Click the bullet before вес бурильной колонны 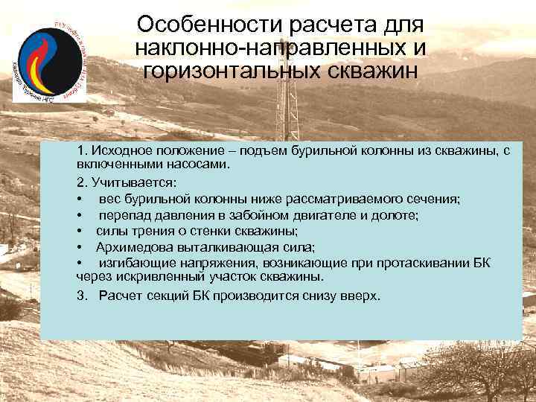click(79, 199)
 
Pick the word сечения click(433, 199)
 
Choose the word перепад click(124, 216)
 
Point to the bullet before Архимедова click(79, 247)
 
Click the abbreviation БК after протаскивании click(481, 263)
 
